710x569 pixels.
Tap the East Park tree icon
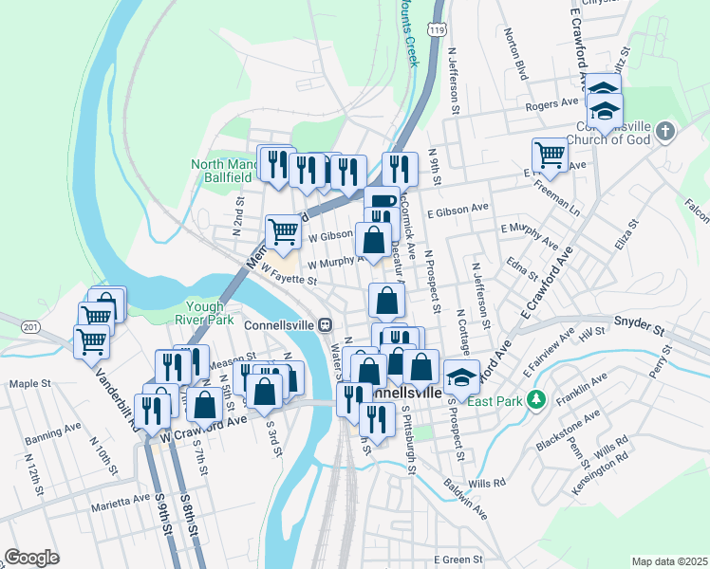[536, 400]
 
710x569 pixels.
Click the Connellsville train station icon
[325, 323]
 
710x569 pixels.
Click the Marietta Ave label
[121, 497]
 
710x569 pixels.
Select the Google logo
[32, 557]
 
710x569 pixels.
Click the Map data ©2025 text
[669, 561]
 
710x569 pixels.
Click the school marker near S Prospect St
[461, 378]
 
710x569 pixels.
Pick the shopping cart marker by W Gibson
[283, 229]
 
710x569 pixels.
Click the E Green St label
[459, 560]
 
